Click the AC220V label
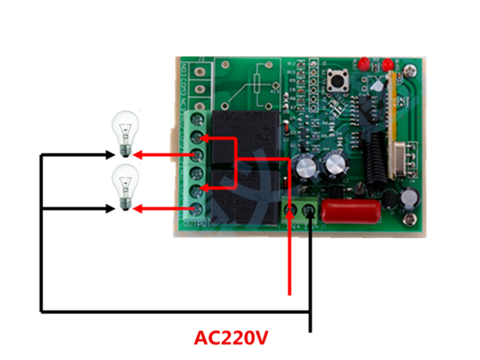pyautogui.click(x=230, y=337)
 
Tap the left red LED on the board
pyautogui.click(x=364, y=63)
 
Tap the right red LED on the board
pyautogui.click(x=388, y=63)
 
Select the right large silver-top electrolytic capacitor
pyautogui.click(x=334, y=166)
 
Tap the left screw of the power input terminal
pyautogui.click(x=290, y=210)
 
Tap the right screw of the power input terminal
pyautogui.click(x=310, y=210)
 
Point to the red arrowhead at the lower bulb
pyautogui.click(x=137, y=208)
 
